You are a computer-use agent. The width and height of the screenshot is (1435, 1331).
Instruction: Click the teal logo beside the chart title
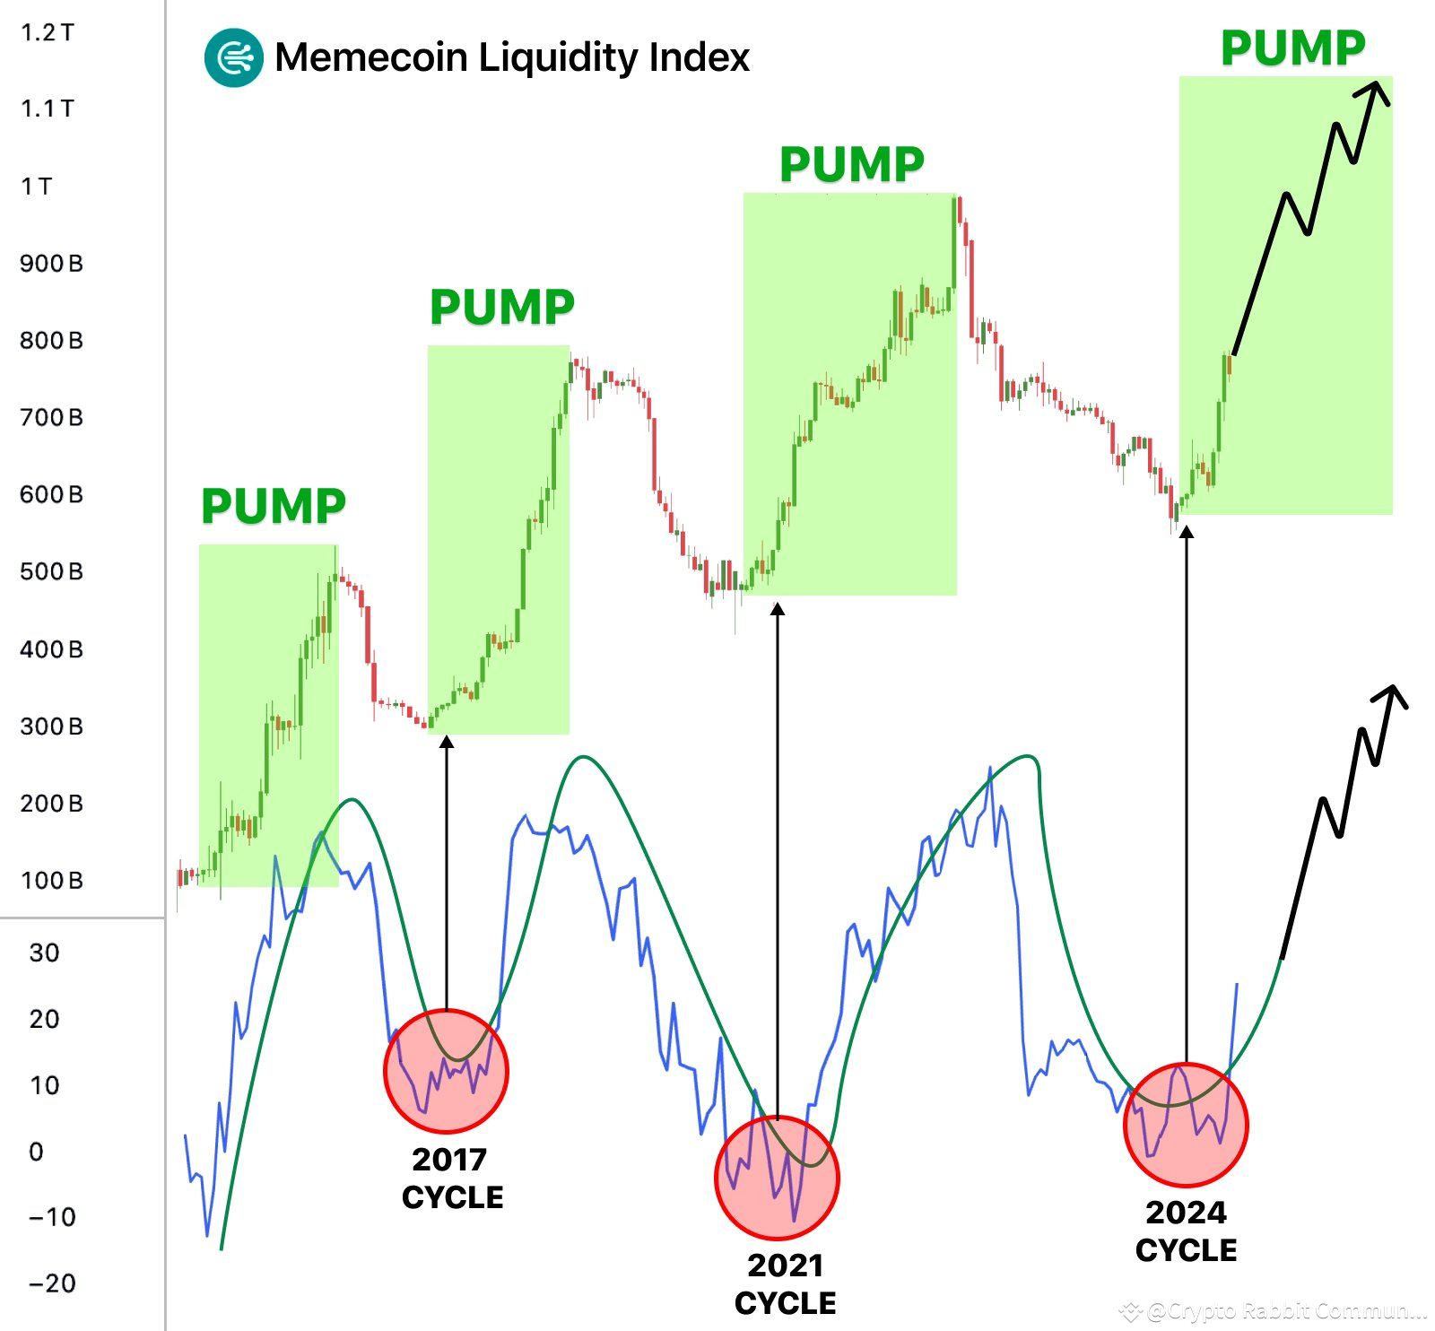(x=233, y=57)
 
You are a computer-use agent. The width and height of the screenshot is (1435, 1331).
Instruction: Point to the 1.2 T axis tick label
(x=48, y=32)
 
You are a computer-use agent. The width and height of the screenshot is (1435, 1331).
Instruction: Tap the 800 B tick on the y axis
(x=51, y=340)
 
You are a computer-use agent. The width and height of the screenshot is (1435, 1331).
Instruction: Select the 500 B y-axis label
(x=51, y=571)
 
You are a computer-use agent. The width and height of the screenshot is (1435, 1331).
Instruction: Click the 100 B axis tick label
(x=51, y=880)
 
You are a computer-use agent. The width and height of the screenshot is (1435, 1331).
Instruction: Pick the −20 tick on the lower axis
(x=53, y=1283)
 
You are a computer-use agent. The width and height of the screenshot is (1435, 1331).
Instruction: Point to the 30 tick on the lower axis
(x=44, y=953)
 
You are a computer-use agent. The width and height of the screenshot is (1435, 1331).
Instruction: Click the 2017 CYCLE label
(x=452, y=1179)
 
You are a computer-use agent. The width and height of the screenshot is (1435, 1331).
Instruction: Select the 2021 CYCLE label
(x=785, y=1284)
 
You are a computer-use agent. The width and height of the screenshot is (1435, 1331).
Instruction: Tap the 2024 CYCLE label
(x=1186, y=1231)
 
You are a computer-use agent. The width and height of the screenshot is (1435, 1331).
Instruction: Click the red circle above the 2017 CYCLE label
(x=446, y=1070)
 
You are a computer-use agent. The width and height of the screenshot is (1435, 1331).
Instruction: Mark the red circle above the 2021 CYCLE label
(x=777, y=1177)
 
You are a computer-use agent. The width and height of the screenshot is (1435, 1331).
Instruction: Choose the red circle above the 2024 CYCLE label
(x=1186, y=1124)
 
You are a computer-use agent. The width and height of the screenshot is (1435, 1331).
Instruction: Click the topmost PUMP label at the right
(x=1292, y=48)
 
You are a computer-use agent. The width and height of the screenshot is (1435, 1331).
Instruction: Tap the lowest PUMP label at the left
(x=273, y=506)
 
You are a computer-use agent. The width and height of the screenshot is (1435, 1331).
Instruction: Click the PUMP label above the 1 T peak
(x=851, y=164)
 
